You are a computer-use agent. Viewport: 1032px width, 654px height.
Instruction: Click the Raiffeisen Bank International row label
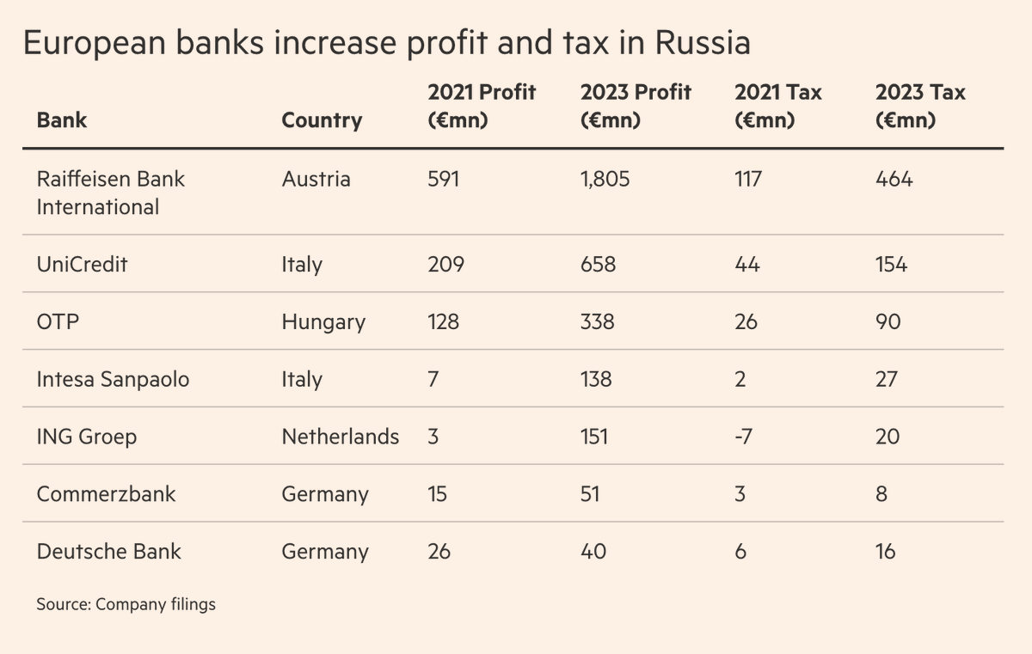(x=110, y=193)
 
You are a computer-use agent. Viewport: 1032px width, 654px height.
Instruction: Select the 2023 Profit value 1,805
(x=605, y=179)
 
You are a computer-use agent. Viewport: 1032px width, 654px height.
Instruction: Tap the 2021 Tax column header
(x=778, y=106)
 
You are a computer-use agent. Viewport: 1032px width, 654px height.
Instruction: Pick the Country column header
(x=322, y=120)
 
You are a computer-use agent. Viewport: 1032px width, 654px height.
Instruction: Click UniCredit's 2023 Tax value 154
(x=891, y=264)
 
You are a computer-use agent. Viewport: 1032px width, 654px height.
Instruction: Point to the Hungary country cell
(x=323, y=322)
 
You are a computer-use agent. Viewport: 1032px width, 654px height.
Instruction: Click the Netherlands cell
(x=340, y=437)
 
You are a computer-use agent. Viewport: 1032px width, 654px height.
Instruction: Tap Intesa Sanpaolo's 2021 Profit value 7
(x=433, y=379)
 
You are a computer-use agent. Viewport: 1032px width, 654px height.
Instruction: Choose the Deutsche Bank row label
(x=108, y=551)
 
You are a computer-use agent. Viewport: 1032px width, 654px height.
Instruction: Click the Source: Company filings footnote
(x=126, y=604)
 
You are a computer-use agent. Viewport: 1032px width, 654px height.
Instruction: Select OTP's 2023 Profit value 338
(x=597, y=322)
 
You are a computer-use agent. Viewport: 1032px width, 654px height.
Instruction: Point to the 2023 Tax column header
(x=920, y=106)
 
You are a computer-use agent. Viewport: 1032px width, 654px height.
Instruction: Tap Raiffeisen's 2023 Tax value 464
(x=894, y=179)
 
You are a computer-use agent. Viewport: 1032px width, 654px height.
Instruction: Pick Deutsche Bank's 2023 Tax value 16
(x=885, y=551)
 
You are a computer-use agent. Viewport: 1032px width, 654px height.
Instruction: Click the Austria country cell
(x=316, y=179)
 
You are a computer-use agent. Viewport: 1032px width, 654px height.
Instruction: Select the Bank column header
(x=62, y=120)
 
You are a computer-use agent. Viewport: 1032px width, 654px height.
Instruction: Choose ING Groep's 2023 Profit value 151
(x=593, y=437)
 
